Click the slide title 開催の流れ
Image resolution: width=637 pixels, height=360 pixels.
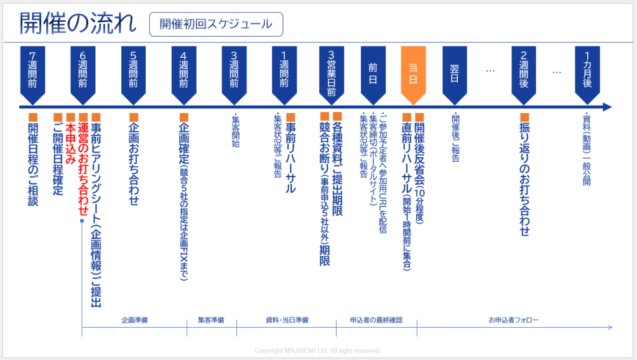pyautogui.click(x=78, y=23)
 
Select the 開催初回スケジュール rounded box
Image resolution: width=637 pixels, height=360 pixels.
pyautogui.click(x=216, y=24)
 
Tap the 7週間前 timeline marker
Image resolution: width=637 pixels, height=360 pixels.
pyautogui.click(x=32, y=74)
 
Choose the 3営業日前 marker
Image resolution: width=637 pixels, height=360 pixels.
pyautogui.click(x=332, y=74)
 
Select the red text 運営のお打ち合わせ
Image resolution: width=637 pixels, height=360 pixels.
pyautogui.click(x=83, y=164)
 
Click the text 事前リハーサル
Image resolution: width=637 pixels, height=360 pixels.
pyautogui.click(x=291, y=153)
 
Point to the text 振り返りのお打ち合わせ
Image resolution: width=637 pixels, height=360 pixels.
pyautogui.click(x=524, y=175)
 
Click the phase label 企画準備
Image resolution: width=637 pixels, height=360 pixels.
pyautogui.click(x=134, y=320)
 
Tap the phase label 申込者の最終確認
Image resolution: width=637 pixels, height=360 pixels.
pyautogui.click(x=376, y=320)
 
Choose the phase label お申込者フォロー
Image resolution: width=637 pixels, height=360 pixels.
pyautogui.click(x=513, y=320)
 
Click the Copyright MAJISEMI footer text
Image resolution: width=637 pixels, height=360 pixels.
pyautogui.click(x=317, y=351)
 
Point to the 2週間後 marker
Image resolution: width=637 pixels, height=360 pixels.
pyautogui.click(x=524, y=74)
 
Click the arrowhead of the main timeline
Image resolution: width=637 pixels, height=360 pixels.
pyautogui.click(x=607, y=107)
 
